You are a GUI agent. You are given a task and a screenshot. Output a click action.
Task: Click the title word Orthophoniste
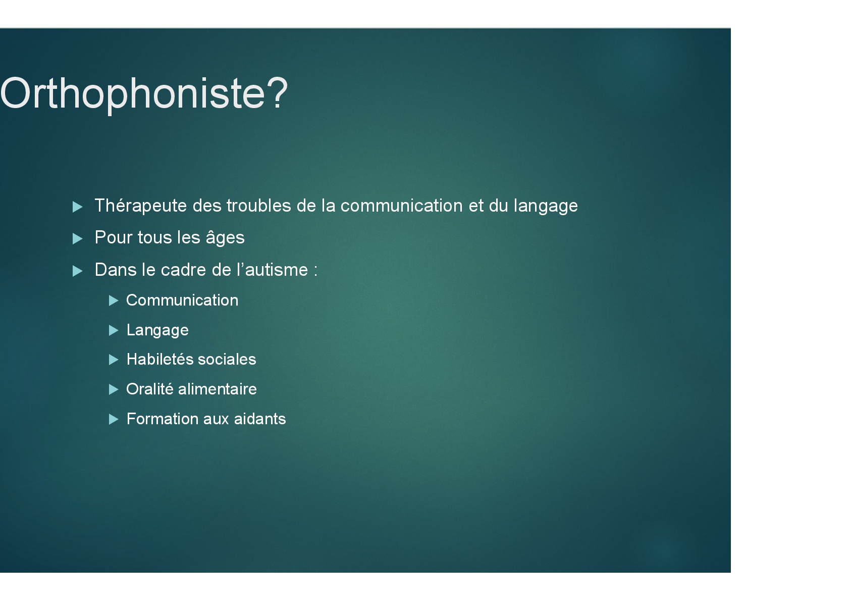(132, 94)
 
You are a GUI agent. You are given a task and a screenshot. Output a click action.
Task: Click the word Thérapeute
(141, 206)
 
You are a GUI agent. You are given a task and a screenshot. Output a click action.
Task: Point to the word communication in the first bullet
(401, 206)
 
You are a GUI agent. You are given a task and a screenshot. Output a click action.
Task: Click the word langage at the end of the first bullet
(546, 206)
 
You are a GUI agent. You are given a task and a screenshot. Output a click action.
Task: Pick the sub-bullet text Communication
(182, 300)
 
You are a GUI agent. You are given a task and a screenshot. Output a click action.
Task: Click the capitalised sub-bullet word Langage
(157, 330)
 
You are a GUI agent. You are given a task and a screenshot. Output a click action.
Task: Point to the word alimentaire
(218, 389)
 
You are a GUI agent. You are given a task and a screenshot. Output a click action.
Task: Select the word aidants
(260, 419)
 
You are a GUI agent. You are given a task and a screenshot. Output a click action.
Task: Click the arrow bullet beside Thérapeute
(77, 207)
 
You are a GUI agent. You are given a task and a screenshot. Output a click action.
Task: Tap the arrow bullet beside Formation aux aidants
(114, 419)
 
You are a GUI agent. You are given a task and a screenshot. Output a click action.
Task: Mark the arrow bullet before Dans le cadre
(77, 271)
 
